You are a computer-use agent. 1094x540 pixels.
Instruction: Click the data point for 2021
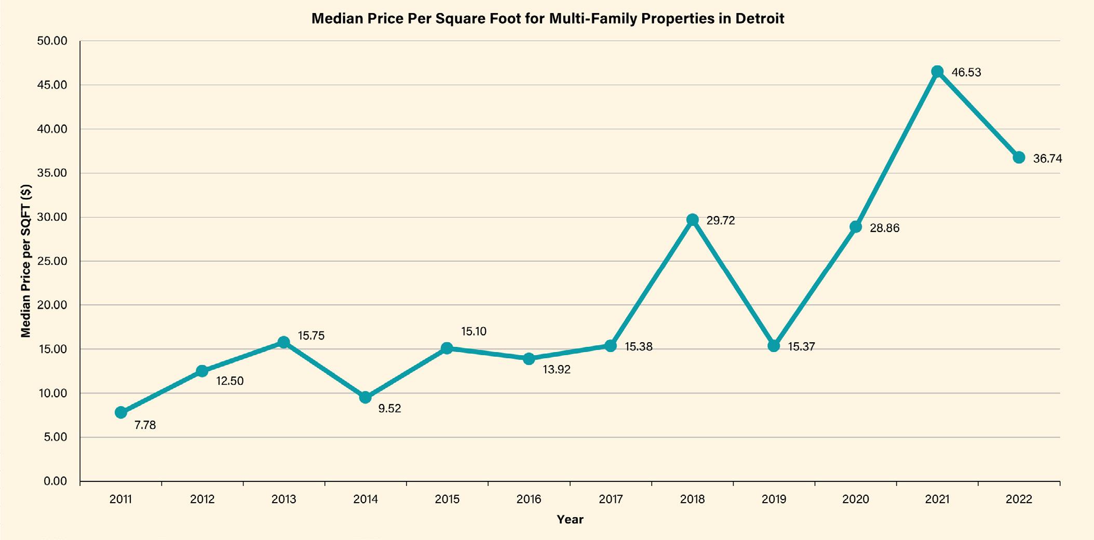(937, 72)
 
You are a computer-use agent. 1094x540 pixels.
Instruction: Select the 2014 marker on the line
(366, 397)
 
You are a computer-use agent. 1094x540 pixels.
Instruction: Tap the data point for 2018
(692, 220)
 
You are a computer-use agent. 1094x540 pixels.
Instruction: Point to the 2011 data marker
(121, 412)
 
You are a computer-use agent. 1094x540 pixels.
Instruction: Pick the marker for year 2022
(1019, 157)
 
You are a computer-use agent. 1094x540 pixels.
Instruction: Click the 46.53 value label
(966, 73)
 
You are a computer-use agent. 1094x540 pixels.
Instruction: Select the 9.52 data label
(389, 409)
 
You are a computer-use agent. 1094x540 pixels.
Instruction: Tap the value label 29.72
(721, 221)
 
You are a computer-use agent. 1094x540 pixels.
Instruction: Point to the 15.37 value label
(801, 347)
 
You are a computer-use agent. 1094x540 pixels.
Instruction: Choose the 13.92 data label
(557, 370)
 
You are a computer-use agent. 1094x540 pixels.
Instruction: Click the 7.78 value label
(145, 425)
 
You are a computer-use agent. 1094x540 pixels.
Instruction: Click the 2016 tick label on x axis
(529, 500)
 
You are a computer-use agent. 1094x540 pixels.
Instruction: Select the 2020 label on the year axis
(855, 500)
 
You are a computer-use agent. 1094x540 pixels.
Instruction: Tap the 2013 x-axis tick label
(283, 500)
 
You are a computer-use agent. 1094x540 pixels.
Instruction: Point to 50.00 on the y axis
(52, 41)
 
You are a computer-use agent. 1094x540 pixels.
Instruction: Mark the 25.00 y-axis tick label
(52, 261)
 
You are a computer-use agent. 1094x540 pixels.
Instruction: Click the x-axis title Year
(570, 519)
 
